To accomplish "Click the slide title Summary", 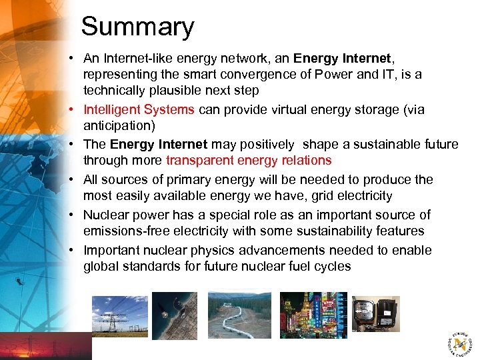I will (137, 27).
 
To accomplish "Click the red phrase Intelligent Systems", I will (139, 109).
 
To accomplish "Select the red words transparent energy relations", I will (249, 160).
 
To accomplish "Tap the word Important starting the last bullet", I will (110, 250).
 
